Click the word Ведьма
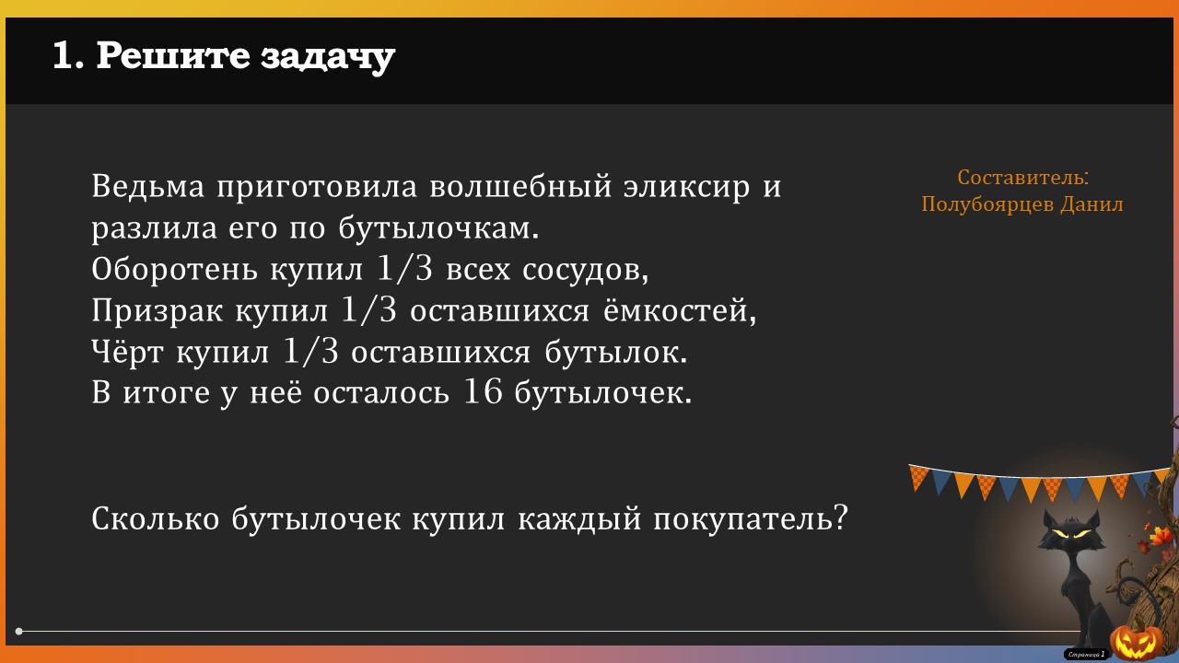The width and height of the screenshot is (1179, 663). pyautogui.click(x=148, y=186)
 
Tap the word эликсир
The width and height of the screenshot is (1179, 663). pyautogui.click(x=687, y=188)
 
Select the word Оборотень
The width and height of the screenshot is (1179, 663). pyautogui.click(x=175, y=269)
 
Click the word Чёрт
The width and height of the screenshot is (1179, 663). pyautogui.click(x=127, y=351)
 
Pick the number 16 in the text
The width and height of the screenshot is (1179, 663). pyautogui.click(x=482, y=392)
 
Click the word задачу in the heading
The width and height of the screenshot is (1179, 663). pyautogui.click(x=327, y=57)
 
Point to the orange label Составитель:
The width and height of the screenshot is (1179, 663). pyautogui.click(x=1022, y=178)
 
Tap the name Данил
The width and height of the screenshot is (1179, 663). pyautogui.click(x=1091, y=204)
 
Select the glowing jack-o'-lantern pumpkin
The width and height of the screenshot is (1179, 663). pyautogui.click(x=1137, y=641)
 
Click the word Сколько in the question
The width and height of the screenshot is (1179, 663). pyautogui.click(x=156, y=518)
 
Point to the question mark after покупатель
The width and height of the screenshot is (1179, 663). pyautogui.click(x=841, y=518)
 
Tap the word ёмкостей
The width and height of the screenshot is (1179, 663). pyautogui.click(x=679, y=310)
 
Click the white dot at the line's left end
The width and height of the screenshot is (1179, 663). pyautogui.click(x=19, y=631)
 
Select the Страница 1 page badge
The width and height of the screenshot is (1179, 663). pyautogui.click(x=1086, y=654)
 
